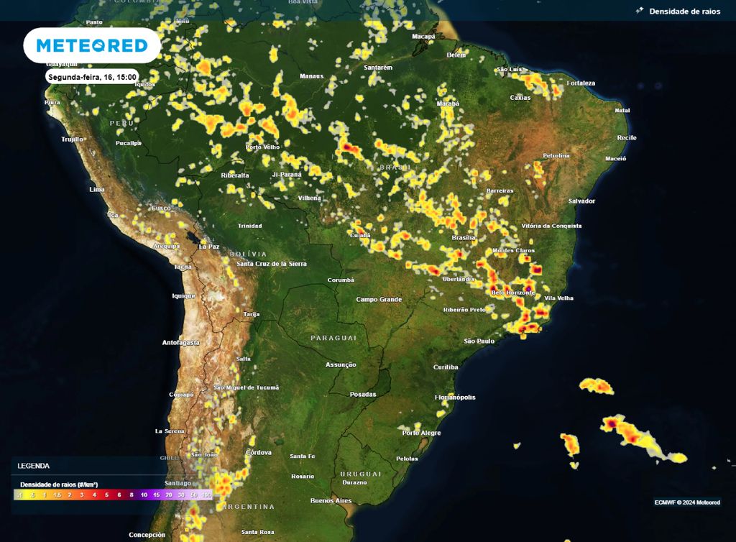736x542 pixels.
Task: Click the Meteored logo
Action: tap(91, 46)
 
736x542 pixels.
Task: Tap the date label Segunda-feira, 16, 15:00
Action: tap(91, 76)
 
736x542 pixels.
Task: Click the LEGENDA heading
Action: tap(34, 466)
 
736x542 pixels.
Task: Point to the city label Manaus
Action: tap(311, 75)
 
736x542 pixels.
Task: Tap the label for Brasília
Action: tap(463, 237)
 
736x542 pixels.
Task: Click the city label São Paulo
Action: tap(479, 341)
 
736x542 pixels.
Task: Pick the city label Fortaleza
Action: tap(580, 83)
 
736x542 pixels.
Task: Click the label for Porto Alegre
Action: tap(422, 433)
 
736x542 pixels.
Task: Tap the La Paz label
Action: tap(209, 247)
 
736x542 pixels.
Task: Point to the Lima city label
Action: tap(96, 190)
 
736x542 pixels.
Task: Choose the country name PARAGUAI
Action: tap(333, 338)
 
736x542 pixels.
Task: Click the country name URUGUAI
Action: tap(360, 474)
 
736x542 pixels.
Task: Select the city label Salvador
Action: tap(581, 201)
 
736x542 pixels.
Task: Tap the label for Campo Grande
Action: tap(378, 299)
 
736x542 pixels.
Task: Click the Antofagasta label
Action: tap(180, 342)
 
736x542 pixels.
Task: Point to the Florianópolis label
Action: tap(455, 397)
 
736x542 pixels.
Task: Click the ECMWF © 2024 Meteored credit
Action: tap(687, 502)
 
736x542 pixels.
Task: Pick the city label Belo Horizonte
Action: tap(512, 293)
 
